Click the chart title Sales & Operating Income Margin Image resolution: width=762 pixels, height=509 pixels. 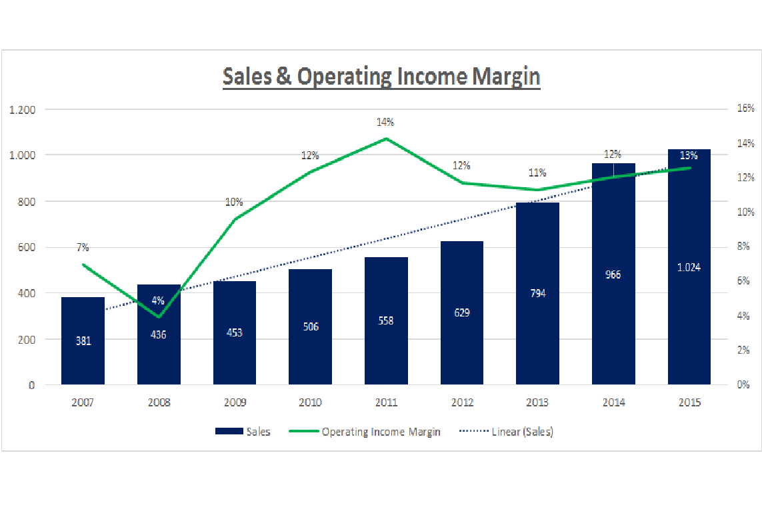381,77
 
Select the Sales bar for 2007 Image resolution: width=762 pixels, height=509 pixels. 83,340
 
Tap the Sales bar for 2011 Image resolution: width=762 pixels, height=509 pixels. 386,320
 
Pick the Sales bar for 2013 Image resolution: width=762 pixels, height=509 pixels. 537,293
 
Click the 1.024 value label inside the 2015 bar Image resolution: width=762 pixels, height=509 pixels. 689,267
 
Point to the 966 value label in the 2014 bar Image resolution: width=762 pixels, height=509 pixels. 613,274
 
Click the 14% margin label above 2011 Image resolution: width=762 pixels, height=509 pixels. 385,122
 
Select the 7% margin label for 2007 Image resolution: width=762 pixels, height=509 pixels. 83,247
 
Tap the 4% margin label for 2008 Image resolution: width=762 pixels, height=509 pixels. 158,300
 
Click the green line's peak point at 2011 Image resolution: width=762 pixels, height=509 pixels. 386,139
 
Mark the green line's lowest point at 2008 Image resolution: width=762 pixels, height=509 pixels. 159,316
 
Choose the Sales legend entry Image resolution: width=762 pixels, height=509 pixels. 243,432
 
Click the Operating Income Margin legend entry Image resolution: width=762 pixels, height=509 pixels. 365,432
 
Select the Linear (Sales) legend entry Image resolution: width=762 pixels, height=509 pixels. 507,432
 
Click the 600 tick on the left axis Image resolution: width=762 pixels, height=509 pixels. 26,247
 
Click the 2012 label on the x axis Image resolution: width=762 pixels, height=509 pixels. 461,402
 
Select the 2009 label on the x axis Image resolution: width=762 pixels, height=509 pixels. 235,402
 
